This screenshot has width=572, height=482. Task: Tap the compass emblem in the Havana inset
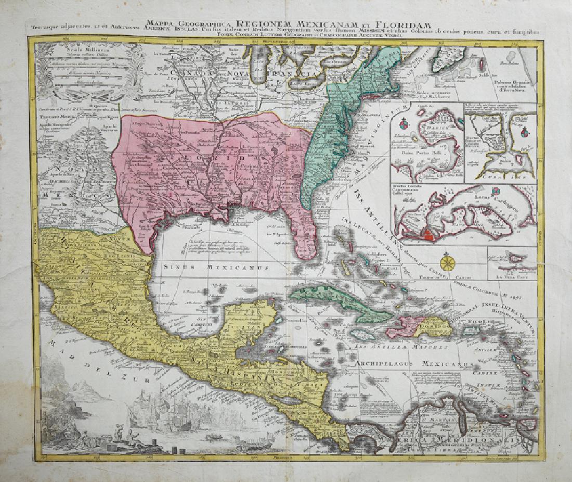pyautogui.click(x=524, y=133)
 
